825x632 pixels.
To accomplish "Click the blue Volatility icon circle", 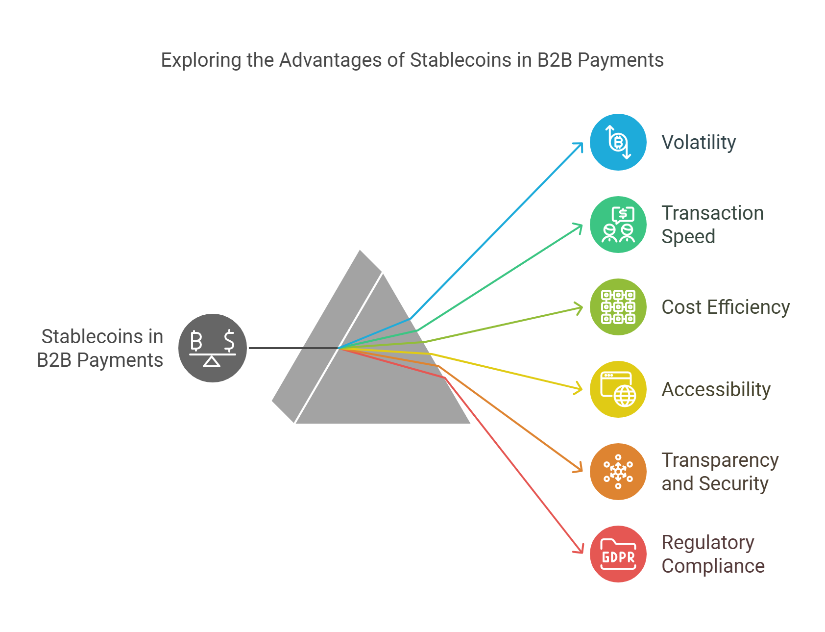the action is coord(618,142).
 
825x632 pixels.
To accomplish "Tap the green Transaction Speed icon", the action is coord(618,225).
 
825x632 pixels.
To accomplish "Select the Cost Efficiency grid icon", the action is coord(618,307).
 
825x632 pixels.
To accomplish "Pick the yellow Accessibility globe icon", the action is coord(618,389).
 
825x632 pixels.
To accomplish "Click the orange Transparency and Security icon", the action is coord(618,472).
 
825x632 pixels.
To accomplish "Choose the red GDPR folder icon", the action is coord(618,554).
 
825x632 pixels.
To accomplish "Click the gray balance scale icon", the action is coord(212,348).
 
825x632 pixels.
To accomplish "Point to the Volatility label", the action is coord(699,143).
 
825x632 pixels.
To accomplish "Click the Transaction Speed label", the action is coord(712,225).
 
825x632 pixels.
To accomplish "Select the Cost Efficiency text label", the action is coord(726,307).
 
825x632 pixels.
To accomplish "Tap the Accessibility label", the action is coord(716,390).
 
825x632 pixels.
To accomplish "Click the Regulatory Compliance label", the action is coord(713,554).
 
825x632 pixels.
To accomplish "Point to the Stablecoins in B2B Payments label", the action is coord(100,348).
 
